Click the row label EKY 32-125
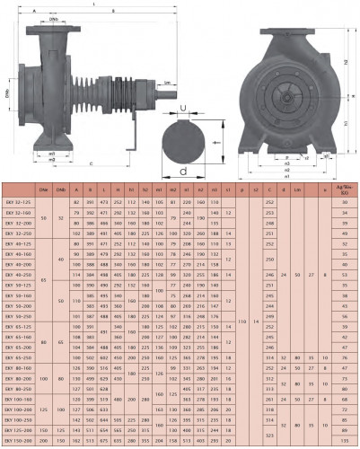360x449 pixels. coord(20,203)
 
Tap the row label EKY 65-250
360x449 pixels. coord(20,357)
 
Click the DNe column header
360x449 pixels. coord(43,190)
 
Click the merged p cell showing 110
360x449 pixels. coord(241,319)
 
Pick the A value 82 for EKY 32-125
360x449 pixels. coord(77,203)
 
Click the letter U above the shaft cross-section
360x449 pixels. coord(185,110)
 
